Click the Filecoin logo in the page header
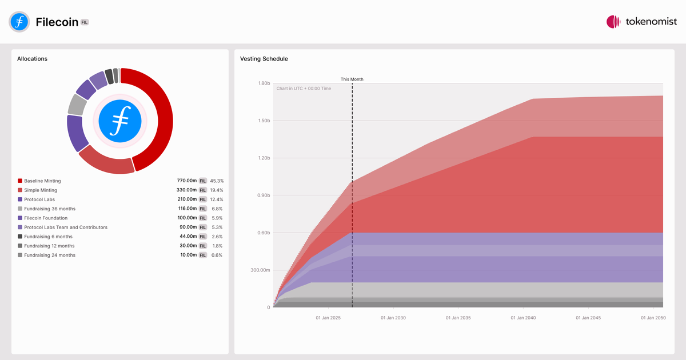point(19,22)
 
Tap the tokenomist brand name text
point(651,22)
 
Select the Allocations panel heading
point(32,59)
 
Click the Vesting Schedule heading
point(264,59)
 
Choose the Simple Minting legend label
point(41,190)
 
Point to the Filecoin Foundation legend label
point(46,218)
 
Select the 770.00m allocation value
point(187,181)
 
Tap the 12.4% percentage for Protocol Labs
point(217,199)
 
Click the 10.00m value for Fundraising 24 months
point(189,255)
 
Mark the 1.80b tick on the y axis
point(264,83)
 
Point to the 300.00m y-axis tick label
point(260,270)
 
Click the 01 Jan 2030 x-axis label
point(393,318)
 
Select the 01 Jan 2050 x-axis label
point(653,318)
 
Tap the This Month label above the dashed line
point(352,79)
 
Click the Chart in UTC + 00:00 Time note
point(304,89)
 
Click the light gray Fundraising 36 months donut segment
point(77,105)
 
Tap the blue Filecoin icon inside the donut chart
point(120,121)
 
